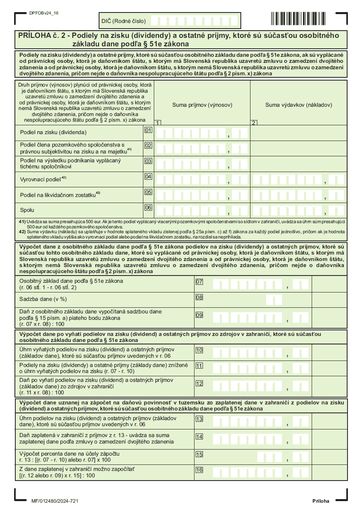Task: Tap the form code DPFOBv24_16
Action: pos(44,13)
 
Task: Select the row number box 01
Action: pos(148,131)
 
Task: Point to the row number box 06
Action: pos(148,208)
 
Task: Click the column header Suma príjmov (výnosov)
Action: pos(202,105)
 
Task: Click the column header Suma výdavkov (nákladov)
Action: pos(298,105)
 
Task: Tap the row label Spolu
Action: pos(27,210)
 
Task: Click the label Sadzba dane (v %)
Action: pos(43,299)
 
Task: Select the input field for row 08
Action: pos(274,300)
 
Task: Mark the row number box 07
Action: pos(199,282)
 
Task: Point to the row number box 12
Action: pos(199,383)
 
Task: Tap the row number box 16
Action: pos(199,470)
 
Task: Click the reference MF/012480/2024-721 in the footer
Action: pos(54,501)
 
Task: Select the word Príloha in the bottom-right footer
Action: pos(321,501)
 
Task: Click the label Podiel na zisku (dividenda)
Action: pos(53,133)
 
